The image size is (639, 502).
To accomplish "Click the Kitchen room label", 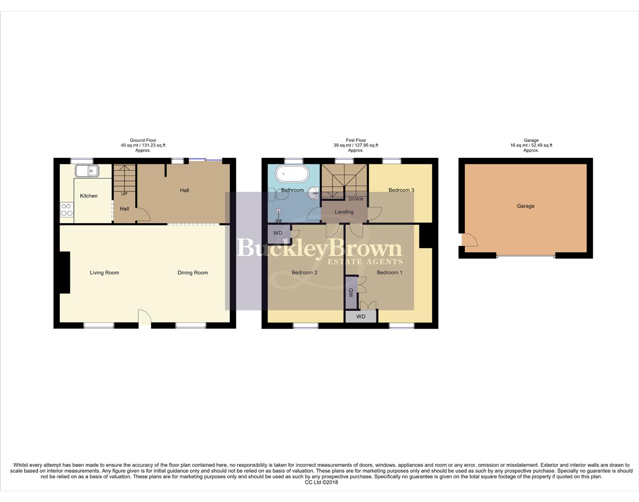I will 89,196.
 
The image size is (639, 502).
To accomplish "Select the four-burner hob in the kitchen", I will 66,210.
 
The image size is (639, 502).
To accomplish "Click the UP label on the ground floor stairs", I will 124,194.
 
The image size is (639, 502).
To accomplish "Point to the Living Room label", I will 104,273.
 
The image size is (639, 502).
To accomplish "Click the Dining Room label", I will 192,273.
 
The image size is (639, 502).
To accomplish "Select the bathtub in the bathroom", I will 292,175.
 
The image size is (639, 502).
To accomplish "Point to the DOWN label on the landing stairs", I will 356,199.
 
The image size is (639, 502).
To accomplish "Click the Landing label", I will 344,212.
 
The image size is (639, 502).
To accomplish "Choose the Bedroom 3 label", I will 401,190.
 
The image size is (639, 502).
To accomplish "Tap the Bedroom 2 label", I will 304,272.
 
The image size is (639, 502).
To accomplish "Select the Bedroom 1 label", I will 390,272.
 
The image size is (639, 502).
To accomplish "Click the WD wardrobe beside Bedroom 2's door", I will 278,233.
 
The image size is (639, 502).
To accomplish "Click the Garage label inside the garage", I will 525,206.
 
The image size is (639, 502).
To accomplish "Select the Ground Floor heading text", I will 143,140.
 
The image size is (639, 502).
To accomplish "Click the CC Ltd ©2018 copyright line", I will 321,482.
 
